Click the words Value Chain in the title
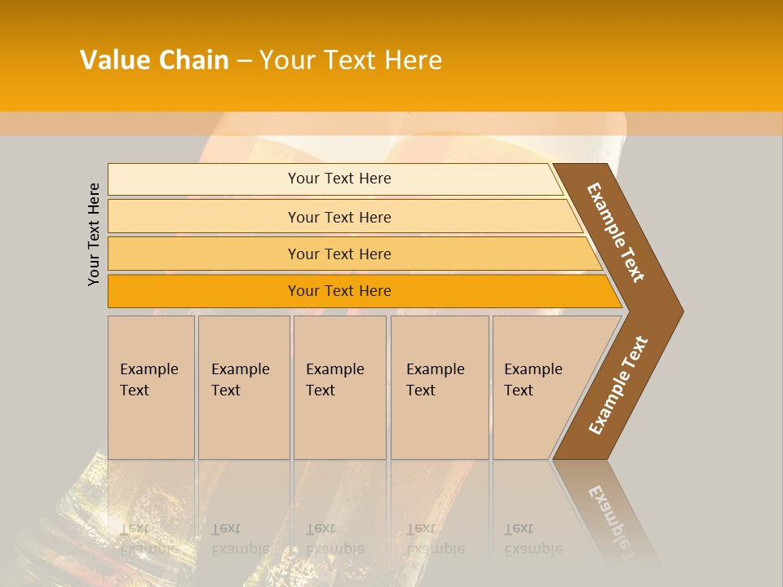(x=154, y=60)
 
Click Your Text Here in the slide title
(x=351, y=60)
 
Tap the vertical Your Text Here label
(x=94, y=234)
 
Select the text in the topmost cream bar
(x=339, y=179)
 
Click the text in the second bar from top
(x=339, y=218)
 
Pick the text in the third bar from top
(x=339, y=254)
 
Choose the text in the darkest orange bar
(x=339, y=291)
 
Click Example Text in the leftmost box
(x=148, y=380)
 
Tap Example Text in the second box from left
(x=240, y=380)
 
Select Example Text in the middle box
(x=334, y=380)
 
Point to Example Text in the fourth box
(x=435, y=380)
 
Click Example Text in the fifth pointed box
(x=533, y=380)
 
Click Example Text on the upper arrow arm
(x=616, y=232)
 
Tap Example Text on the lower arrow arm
(x=618, y=386)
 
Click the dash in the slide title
(x=244, y=60)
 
